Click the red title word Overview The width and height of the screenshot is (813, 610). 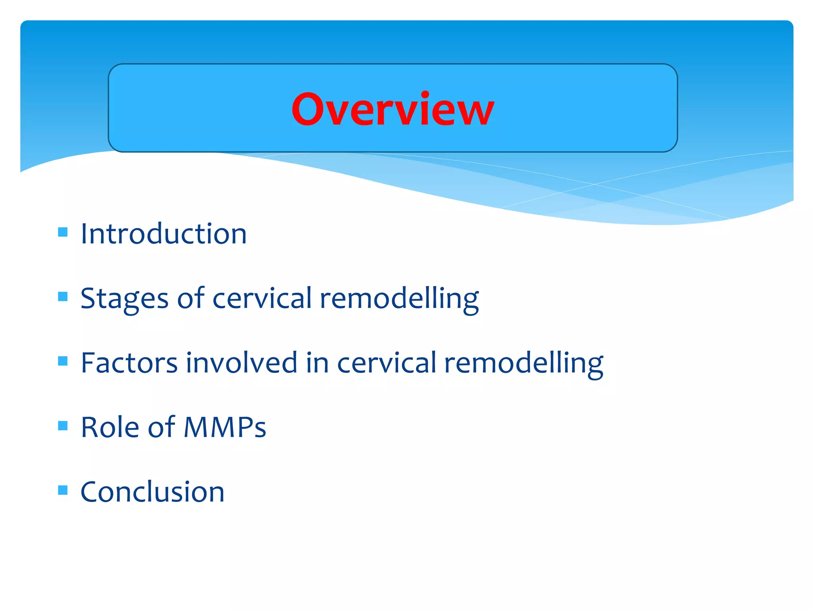[393, 109]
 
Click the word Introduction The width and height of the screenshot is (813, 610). [164, 234]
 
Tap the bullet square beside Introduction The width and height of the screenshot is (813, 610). [63, 232]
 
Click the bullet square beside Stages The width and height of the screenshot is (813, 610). [63, 297]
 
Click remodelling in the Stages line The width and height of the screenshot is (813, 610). [399, 299]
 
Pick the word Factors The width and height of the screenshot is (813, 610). [129, 363]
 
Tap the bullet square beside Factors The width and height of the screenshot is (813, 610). [63, 361]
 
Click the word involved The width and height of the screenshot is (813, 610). [241, 363]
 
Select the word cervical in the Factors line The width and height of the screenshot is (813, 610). [387, 363]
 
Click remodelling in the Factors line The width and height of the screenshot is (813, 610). [524, 363]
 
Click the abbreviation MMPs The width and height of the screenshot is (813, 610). [225, 428]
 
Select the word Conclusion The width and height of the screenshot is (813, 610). [152, 492]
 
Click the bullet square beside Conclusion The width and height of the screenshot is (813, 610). [63, 490]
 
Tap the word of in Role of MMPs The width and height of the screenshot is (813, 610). [161, 428]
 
